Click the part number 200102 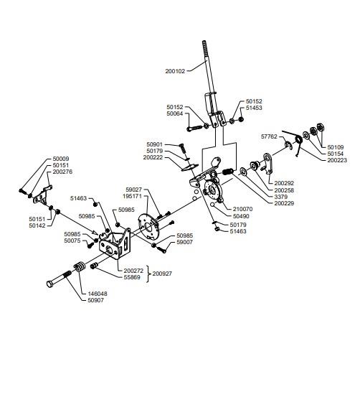[175, 71]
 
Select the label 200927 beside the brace [162, 274]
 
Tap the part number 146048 [98, 294]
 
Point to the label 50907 [95, 300]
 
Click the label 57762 [269, 136]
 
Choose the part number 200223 [337, 160]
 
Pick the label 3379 [280, 197]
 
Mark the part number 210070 [242, 209]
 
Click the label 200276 [62, 172]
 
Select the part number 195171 [132, 196]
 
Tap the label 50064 [175, 113]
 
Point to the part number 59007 [185, 242]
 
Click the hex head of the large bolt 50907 [50, 284]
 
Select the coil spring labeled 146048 [79, 266]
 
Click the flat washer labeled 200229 [243, 172]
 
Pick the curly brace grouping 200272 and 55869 [148, 274]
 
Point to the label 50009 [61, 159]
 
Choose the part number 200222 [153, 157]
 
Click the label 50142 [37, 225]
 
